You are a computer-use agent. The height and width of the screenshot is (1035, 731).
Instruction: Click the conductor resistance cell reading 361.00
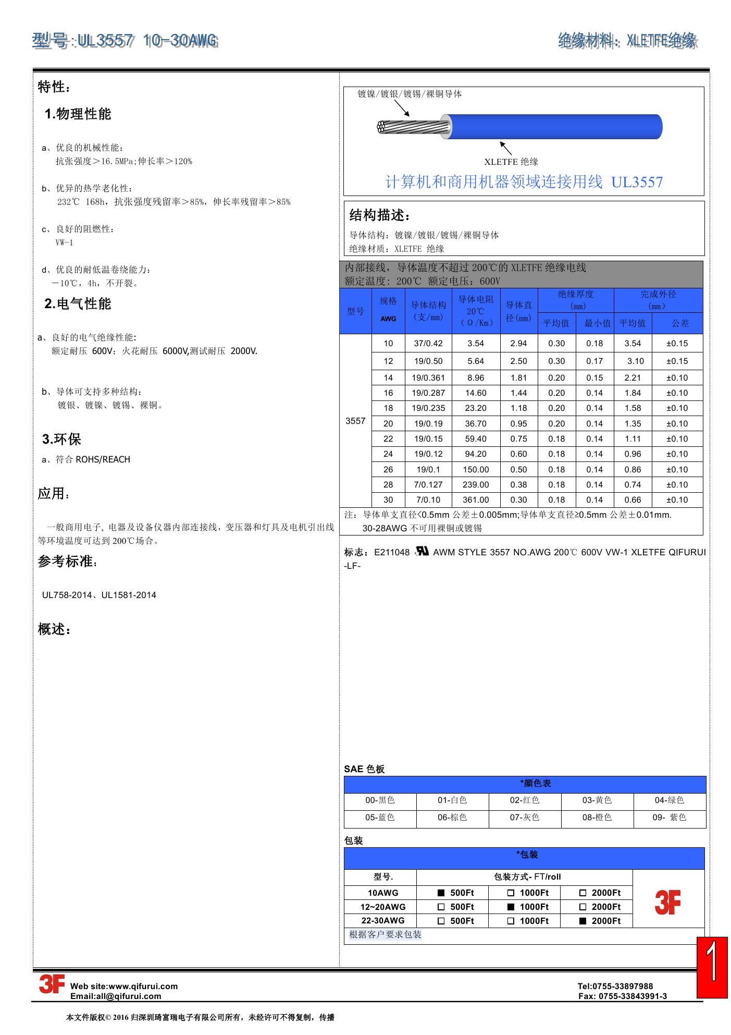[476, 500]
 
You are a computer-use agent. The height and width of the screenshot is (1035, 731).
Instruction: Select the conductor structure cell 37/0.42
[428, 343]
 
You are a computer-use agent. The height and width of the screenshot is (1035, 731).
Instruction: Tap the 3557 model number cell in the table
[355, 421]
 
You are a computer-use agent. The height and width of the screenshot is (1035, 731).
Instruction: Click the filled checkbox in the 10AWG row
[441, 893]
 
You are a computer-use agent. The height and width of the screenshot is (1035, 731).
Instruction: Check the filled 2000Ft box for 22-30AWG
[583, 921]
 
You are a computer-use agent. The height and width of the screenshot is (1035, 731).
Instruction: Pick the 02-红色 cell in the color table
[524, 800]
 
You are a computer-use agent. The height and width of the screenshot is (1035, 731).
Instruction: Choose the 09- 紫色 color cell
[669, 817]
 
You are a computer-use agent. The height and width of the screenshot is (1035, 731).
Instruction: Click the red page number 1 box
[712, 967]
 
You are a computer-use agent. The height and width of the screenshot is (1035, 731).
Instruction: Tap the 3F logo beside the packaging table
[667, 903]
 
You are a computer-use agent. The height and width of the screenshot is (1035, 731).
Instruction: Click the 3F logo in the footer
[52, 984]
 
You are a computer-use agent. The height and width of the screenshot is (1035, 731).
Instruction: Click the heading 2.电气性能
[78, 303]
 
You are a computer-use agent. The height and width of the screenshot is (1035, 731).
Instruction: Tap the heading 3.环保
[61, 439]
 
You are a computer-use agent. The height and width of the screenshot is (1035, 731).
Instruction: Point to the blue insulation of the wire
[552, 127]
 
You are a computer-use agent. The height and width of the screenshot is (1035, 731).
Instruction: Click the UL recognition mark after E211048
[422, 551]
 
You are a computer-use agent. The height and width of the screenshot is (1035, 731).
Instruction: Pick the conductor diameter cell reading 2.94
[518, 343]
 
